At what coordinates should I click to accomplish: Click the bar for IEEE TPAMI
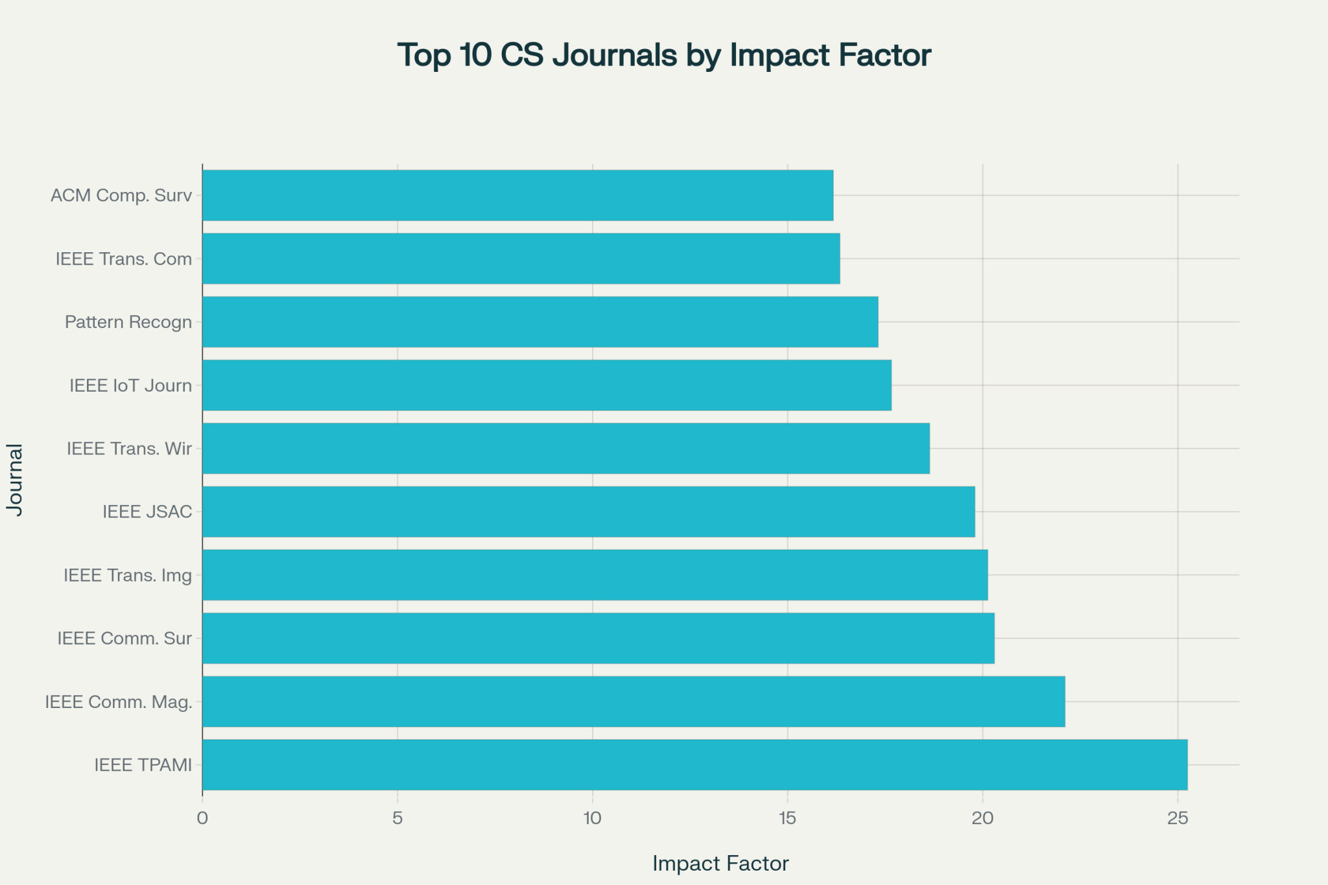[694, 764]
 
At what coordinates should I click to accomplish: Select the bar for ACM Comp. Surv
[517, 195]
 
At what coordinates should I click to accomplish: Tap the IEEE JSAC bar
[588, 512]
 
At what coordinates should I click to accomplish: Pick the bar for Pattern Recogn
[540, 322]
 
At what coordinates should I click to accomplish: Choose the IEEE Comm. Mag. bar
[633, 702]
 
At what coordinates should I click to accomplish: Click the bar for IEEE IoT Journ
[547, 385]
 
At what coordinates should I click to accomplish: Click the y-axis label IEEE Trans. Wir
[129, 449]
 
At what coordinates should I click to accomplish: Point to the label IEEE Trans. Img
[128, 575]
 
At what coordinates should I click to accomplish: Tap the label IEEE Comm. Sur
[124, 639]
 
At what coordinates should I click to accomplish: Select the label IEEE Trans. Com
[124, 259]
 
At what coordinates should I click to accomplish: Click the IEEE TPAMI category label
[143, 765]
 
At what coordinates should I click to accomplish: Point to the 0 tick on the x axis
[202, 819]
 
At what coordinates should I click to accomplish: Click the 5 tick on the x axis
[397, 819]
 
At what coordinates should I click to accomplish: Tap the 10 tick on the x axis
[592, 819]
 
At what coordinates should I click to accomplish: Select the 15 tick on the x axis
[787, 819]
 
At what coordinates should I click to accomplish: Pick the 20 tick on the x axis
[982, 819]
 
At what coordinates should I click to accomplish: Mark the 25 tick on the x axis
[1177, 819]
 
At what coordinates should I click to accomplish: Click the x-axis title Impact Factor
[720, 864]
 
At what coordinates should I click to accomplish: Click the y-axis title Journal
[15, 480]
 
